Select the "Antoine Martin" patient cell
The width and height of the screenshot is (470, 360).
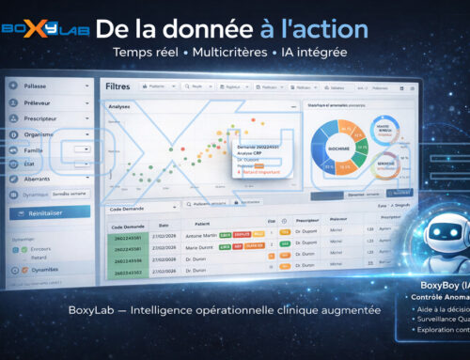click(203, 236)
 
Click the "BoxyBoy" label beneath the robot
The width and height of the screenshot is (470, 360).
click(435, 283)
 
